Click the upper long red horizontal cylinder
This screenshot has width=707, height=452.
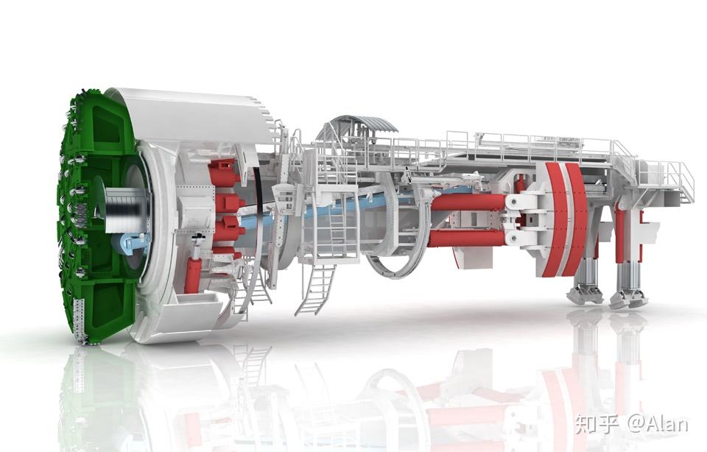click(x=469, y=202)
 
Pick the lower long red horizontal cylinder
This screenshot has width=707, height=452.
click(x=468, y=238)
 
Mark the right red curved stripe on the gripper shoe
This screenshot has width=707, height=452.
click(x=575, y=219)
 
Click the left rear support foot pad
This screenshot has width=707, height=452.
click(x=584, y=294)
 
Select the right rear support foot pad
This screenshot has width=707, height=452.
click(x=628, y=298)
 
